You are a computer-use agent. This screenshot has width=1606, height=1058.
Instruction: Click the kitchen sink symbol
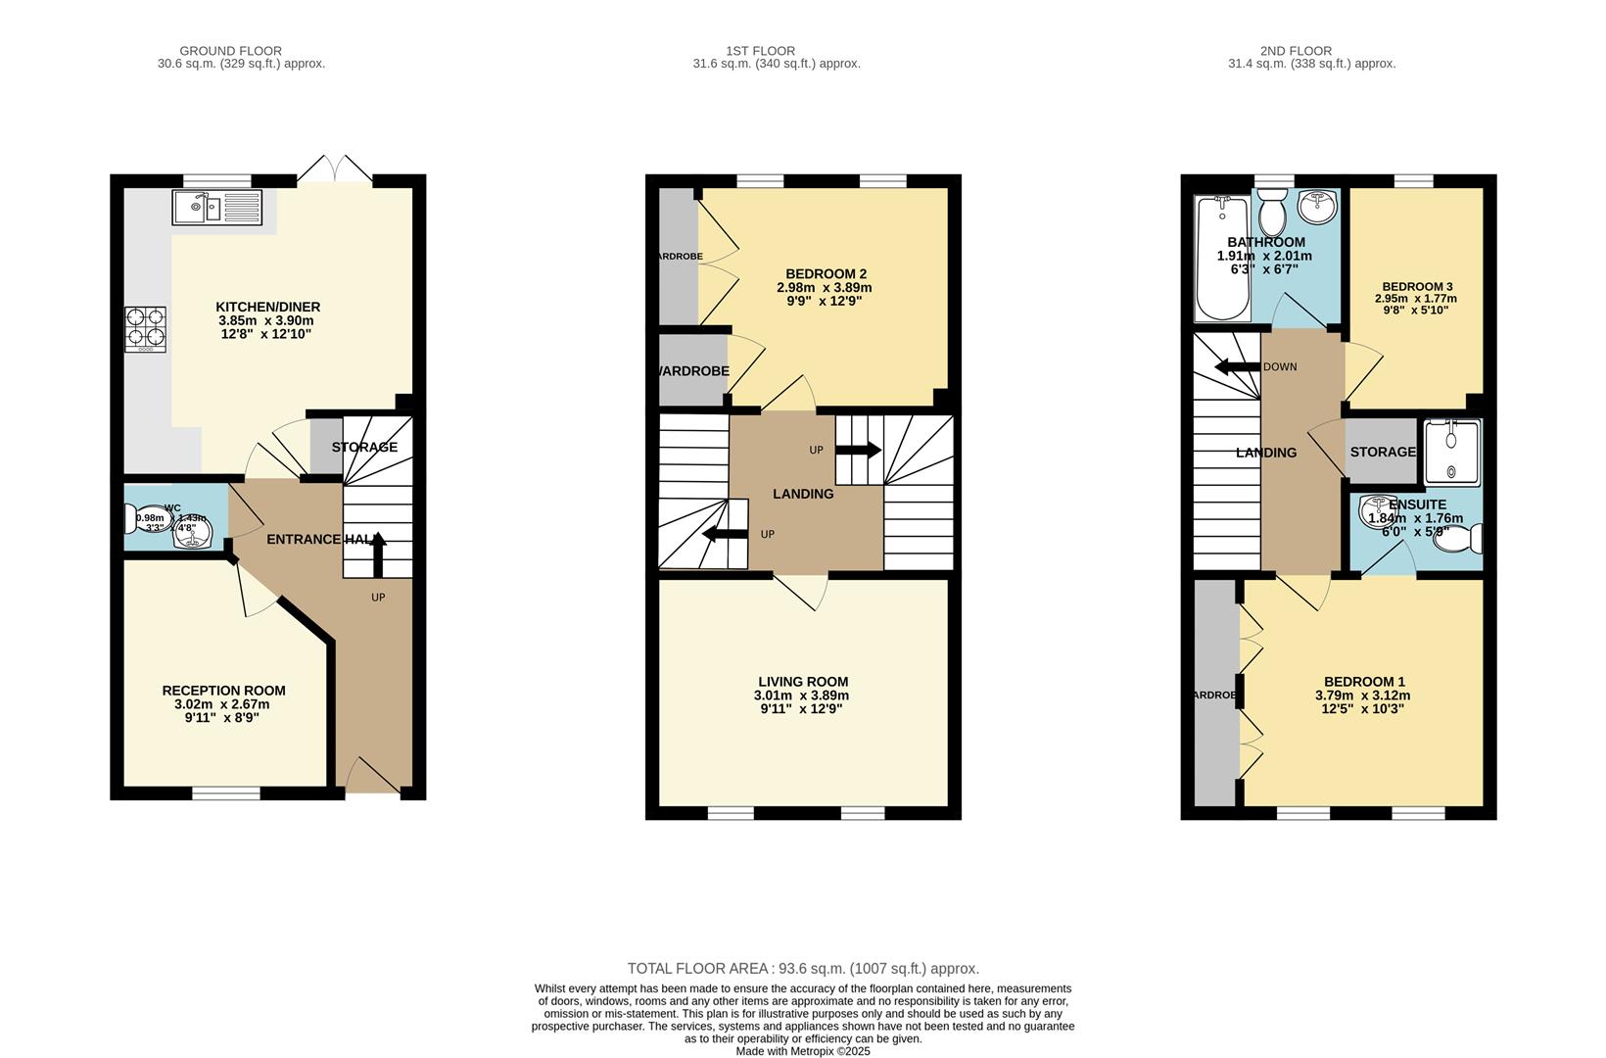pyautogui.click(x=216, y=207)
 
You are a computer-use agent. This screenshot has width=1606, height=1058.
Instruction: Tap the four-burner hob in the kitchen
pyautogui.click(x=145, y=330)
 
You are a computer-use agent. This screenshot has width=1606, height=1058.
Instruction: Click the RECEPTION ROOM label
pyautogui.click(x=223, y=691)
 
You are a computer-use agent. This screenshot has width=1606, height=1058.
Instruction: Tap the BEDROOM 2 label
pyautogui.click(x=826, y=273)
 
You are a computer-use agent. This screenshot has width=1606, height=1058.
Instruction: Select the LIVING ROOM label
pyautogui.click(x=803, y=682)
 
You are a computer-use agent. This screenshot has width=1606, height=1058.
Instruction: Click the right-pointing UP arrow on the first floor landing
pyautogui.click(x=859, y=450)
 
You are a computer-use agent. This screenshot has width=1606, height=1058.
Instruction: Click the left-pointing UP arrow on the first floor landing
pyautogui.click(x=725, y=534)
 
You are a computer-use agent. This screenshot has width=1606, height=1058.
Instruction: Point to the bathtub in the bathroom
pyautogui.click(x=1221, y=260)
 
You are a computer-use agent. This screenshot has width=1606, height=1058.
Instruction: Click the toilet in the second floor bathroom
pyautogui.click(x=1272, y=213)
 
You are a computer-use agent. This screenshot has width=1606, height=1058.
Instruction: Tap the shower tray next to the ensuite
pyautogui.click(x=1452, y=452)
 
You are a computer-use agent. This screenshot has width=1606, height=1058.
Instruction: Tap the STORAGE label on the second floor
pyautogui.click(x=1383, y=452)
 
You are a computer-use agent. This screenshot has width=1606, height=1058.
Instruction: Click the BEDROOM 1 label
pyautogui.click(x=1364, y=682)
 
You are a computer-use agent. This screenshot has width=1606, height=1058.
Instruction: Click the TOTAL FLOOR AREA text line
pyautogui.click(x=803, y=969)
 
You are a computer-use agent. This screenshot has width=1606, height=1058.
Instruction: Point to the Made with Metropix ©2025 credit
pyautogui.click(x=803, y=1051)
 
